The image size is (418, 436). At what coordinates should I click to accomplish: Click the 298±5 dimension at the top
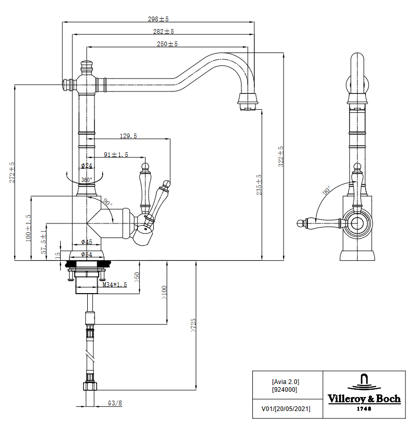158,19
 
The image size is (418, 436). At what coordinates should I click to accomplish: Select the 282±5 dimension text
163,32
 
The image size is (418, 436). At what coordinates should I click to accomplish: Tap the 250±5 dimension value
167,44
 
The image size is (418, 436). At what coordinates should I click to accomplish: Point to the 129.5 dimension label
128,136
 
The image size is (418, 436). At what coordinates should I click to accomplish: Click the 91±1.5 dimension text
116,154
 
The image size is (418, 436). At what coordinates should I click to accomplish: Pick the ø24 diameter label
87,166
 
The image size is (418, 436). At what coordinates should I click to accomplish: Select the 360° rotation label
87,180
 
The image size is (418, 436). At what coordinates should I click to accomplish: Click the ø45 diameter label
87,242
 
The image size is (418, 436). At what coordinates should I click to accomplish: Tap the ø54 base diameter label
87,254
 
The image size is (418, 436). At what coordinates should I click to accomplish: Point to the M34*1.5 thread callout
114,284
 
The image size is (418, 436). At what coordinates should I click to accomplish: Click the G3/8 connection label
115,403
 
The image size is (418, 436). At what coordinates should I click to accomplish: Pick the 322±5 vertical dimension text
281,156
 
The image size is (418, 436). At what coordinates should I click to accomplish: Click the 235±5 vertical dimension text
259,184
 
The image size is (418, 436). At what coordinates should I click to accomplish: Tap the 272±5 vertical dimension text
12,171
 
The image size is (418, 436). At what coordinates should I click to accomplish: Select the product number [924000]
285,389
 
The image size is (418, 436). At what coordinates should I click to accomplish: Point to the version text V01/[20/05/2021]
286,409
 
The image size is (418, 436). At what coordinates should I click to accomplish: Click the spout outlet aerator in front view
248,101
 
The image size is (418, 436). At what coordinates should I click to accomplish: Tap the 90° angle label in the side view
326,191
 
